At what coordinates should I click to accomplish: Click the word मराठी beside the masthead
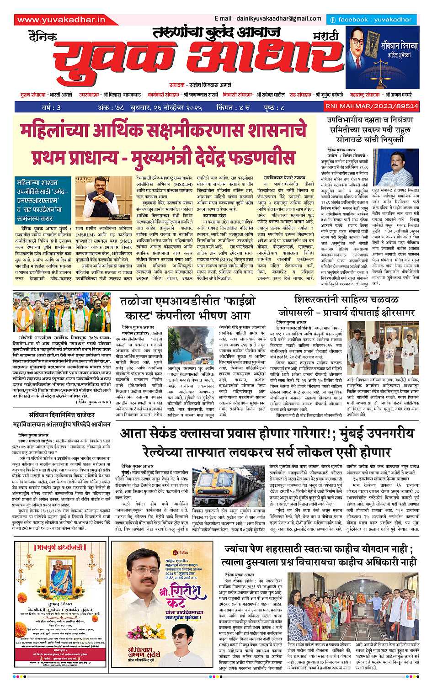pyautogui.click(x=326, y=36)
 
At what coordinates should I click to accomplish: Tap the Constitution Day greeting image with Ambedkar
pyautogui.click(x=382, y=56)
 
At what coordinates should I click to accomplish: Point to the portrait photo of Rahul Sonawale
pyautogui.click(x=392, y=166)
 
